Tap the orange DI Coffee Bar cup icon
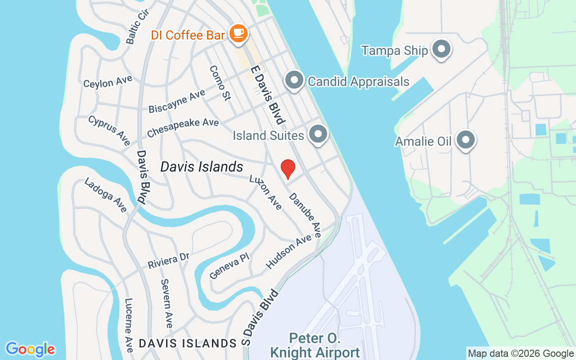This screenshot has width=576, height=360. pyautogui.click(x=238, y=33)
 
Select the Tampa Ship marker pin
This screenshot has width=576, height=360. pyautogui.click(x=441, y=49)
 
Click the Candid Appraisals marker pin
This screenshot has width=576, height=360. pyautogui.click(x=295, y=81)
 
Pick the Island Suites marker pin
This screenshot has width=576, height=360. pyautogui.click(x=319, y=134)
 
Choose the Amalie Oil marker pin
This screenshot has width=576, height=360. pyautogui.click(x=465, y=140)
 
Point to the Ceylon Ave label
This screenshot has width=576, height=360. pyautogui.click(x=108, y=81)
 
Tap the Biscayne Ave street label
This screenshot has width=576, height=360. pyautogui.click(x=177, y=101)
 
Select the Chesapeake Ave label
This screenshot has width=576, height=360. pyautogui.click(x=183, y=128)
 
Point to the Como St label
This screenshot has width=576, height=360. pyautogui.click(x=220, y=83)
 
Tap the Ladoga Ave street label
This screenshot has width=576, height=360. pyautogui.click(x=106, y=195)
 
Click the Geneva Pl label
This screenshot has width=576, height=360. pyautogui.click(x=229, y=265)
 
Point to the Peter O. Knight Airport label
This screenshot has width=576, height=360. pyautogui.click(x=315, y=345)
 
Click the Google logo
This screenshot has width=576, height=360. pyautogui.click(x=30, y=349)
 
